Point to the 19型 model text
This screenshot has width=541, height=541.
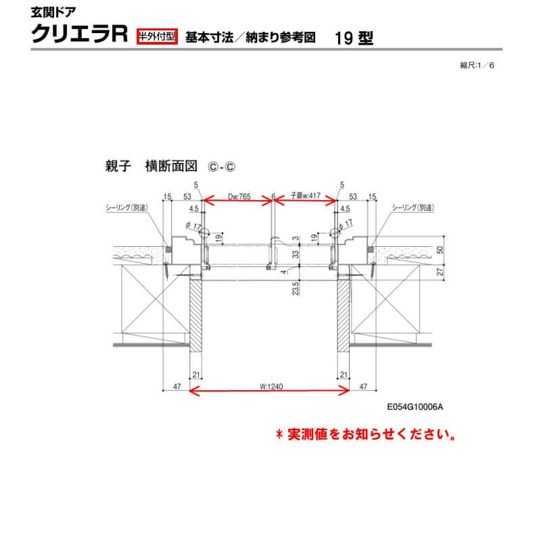click(354, 38)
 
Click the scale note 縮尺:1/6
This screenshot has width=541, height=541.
click(480, 66)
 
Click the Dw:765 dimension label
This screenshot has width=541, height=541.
click(238, 197)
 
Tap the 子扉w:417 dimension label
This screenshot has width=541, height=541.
click(305, 197)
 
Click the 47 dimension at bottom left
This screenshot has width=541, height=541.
click(177, 387)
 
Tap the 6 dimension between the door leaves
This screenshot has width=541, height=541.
click(272, 197)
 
